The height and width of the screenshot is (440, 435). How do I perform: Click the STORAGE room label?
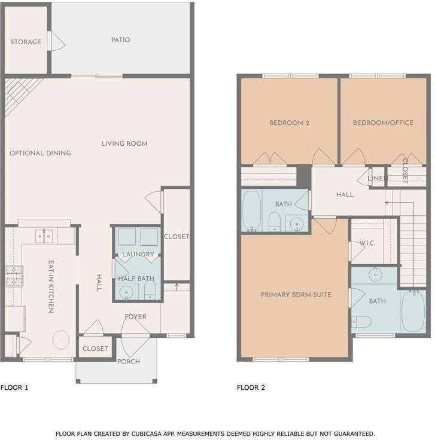[x=26, y=42]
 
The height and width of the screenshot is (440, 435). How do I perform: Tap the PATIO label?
[x=120, y=40]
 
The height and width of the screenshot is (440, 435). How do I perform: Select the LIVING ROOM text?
[x=124, y=143]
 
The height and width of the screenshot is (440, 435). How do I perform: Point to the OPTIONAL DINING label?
[x=40, y=153]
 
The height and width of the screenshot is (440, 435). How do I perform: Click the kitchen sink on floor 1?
[x=44, y=236]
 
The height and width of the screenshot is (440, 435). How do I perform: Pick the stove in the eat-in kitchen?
[x=14, y=276]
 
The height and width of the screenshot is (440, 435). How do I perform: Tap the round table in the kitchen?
[x=61, y=340]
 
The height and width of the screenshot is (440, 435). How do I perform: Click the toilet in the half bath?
[x=150, y=292]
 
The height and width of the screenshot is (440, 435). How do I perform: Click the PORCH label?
[x=128, y=362]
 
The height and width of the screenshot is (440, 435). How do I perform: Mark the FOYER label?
[x=135, y=317]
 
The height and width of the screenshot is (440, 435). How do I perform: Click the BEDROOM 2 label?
[x=289, y=123]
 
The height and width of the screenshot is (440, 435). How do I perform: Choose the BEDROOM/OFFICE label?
[x=383, y=123]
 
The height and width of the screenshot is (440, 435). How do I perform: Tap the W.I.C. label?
[x=366, y=243]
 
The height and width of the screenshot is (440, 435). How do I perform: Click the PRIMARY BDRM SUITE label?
[x=296, y=295]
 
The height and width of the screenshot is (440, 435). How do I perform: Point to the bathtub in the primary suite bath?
[x=412, y=311]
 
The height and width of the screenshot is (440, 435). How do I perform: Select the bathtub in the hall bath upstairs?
[x=251, y=210]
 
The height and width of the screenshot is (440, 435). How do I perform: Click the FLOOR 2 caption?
[x=251, y=387]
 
